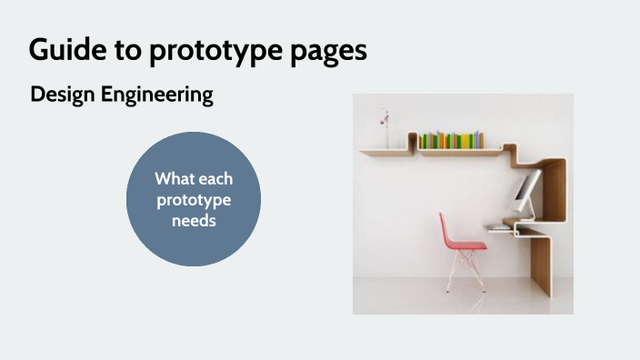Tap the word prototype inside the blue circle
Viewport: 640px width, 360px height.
tap(193, 200)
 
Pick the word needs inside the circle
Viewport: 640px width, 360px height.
tap(193, 220)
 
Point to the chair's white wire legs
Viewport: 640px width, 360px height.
tap(464, 273)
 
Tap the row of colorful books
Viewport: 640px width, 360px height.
tap(450, 140)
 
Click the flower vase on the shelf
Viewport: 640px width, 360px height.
tap(385, 139)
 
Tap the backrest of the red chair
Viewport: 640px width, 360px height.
tap(452, 228)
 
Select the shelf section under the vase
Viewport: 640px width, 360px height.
tap(386, 152)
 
